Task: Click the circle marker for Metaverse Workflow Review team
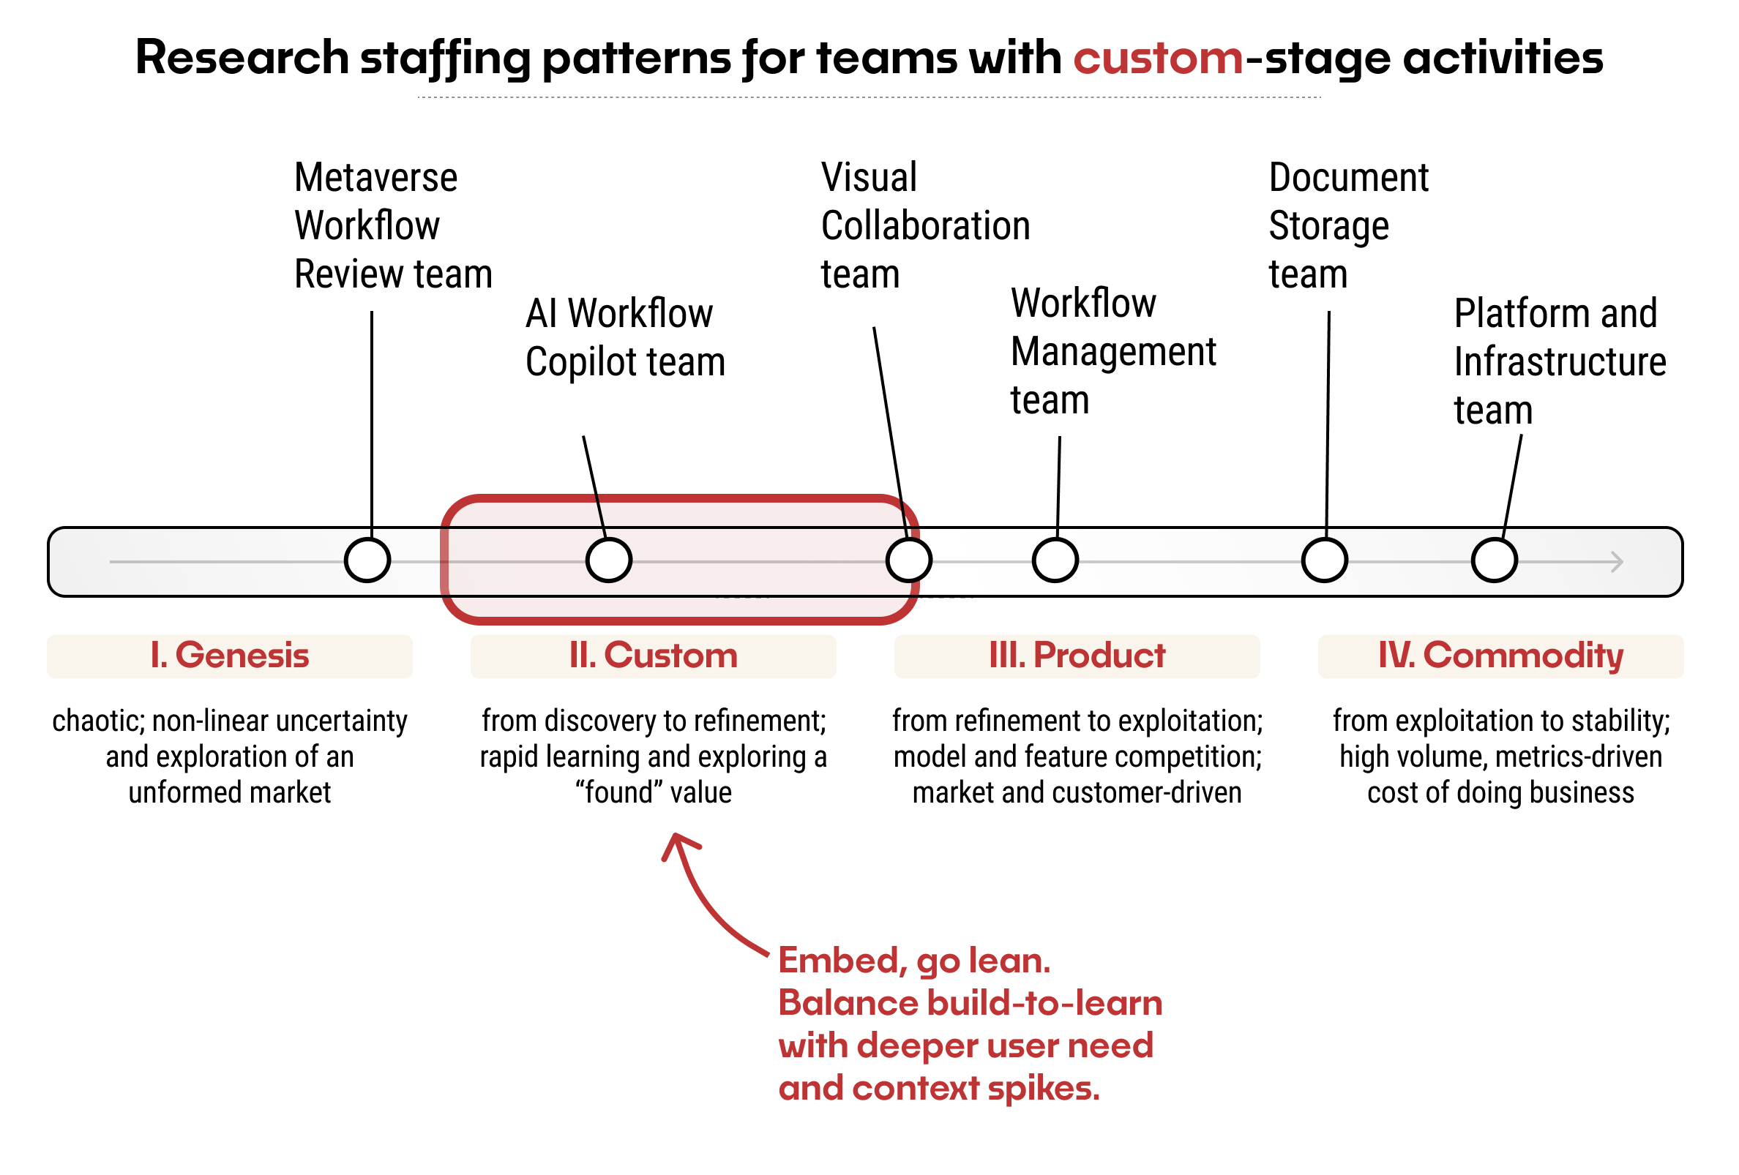[368, 561]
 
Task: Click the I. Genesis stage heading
[230, 657]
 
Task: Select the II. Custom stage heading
[654, 657]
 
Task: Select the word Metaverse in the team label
[376, 178]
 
